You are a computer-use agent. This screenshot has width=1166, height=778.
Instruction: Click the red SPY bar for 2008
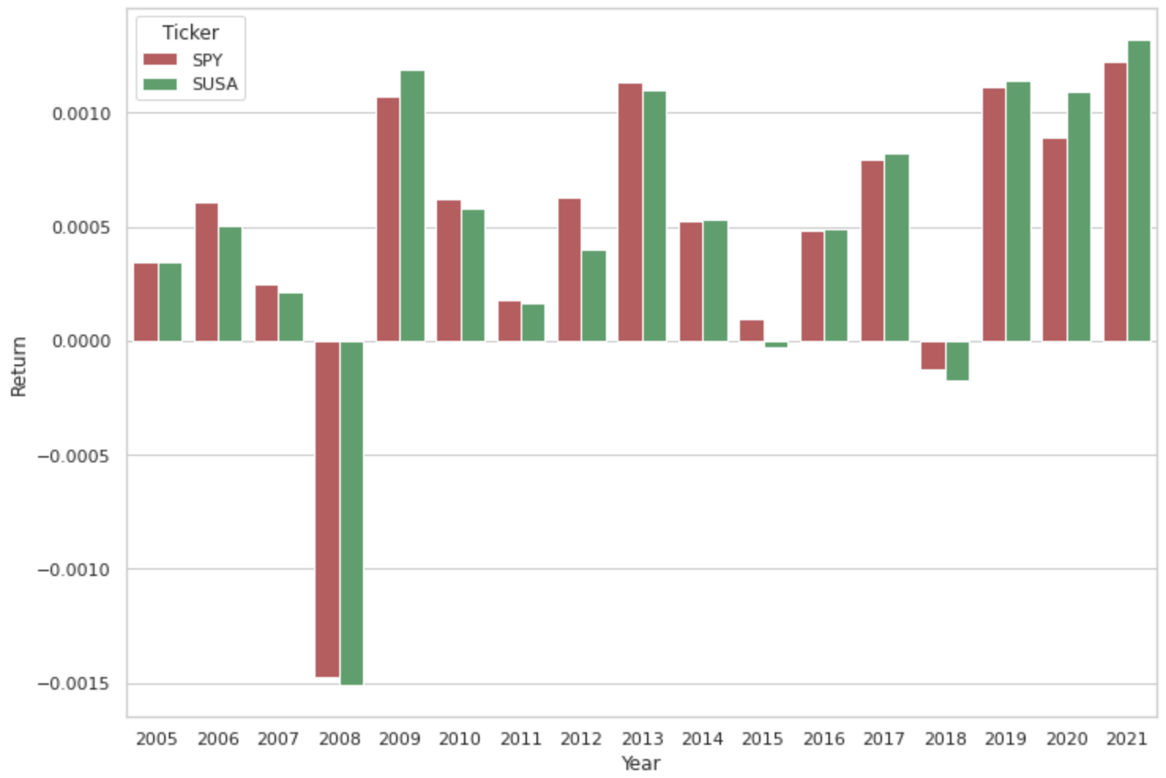pyautogui.click(x=327, y=509)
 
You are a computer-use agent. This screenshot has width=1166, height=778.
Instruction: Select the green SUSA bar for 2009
pyautogui.click(x=412, y=206)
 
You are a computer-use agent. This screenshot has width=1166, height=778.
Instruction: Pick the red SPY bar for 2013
pyautogui.click(x=630, y=212)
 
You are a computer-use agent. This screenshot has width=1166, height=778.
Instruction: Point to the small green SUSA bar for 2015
pyautogui.click(x=775, y=345)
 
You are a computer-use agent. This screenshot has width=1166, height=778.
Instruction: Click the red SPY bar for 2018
pyautogui.click(x=932, y=355)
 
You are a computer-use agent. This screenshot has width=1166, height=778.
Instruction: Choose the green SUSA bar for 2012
pyautogui.click(x=593, y=296)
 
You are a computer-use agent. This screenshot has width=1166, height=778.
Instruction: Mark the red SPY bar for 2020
pyautogui.click(x=1054, y=240)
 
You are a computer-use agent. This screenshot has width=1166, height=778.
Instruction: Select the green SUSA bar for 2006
pyautogui.click(x=230, y=284)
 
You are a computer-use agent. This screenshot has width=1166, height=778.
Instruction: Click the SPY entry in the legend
pyautogui.click(x=207, y=60)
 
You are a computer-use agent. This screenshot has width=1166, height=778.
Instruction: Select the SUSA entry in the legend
pyautogui.click(x=215, y=84)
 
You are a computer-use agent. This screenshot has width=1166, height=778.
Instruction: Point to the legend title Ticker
pyautogui.click(x=190, y=32)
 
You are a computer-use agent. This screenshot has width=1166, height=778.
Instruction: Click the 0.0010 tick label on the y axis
pyautogui.click(x=82, y=114)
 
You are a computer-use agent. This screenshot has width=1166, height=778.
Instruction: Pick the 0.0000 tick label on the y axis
pyautogui.click(x=82, y=342)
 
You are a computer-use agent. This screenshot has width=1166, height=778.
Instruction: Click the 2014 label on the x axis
pyautogui.click(x=702, y=739)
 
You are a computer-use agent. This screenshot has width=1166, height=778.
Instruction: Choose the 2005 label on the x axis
pyautogui.click(x=156, y=739)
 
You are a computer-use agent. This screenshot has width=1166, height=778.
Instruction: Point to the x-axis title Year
pyautogui.click(x=641, y=763)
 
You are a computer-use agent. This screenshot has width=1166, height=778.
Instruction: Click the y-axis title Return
pyautogui.click(x=19, y=366)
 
